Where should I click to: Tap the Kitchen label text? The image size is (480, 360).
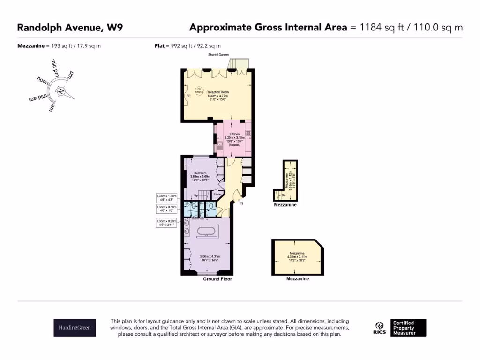[x=234, y=134]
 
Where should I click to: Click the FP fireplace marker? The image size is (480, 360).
[x=188, y=96]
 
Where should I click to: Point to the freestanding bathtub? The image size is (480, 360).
[x=206, y=232]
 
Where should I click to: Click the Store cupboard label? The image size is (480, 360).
[x=217, y=194]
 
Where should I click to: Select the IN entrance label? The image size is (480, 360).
[x=241, y=204]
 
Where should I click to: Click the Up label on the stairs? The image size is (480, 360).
[x=196, y=195]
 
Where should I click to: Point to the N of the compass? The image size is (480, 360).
[x=61, y=91]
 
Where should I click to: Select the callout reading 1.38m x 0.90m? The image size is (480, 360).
[x=167, y=223]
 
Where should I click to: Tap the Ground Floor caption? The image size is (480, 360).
[x=217, y=279]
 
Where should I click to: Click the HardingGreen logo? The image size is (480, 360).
[x=75, y=328]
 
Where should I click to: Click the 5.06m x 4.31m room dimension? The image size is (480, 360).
[x=210, y=258]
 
